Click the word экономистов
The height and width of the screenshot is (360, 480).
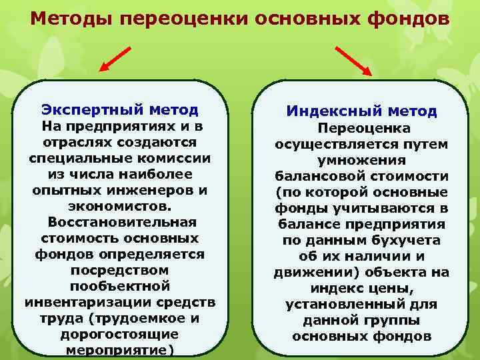pyautogui.click(x=119, y=205)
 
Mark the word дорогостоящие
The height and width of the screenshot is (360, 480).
pyautogui.click(x=119, y=333)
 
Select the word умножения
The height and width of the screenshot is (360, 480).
pyautogui.click(x=361, y=160)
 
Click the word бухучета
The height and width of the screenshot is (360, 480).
pyautogui.click(x=403, y=240)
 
